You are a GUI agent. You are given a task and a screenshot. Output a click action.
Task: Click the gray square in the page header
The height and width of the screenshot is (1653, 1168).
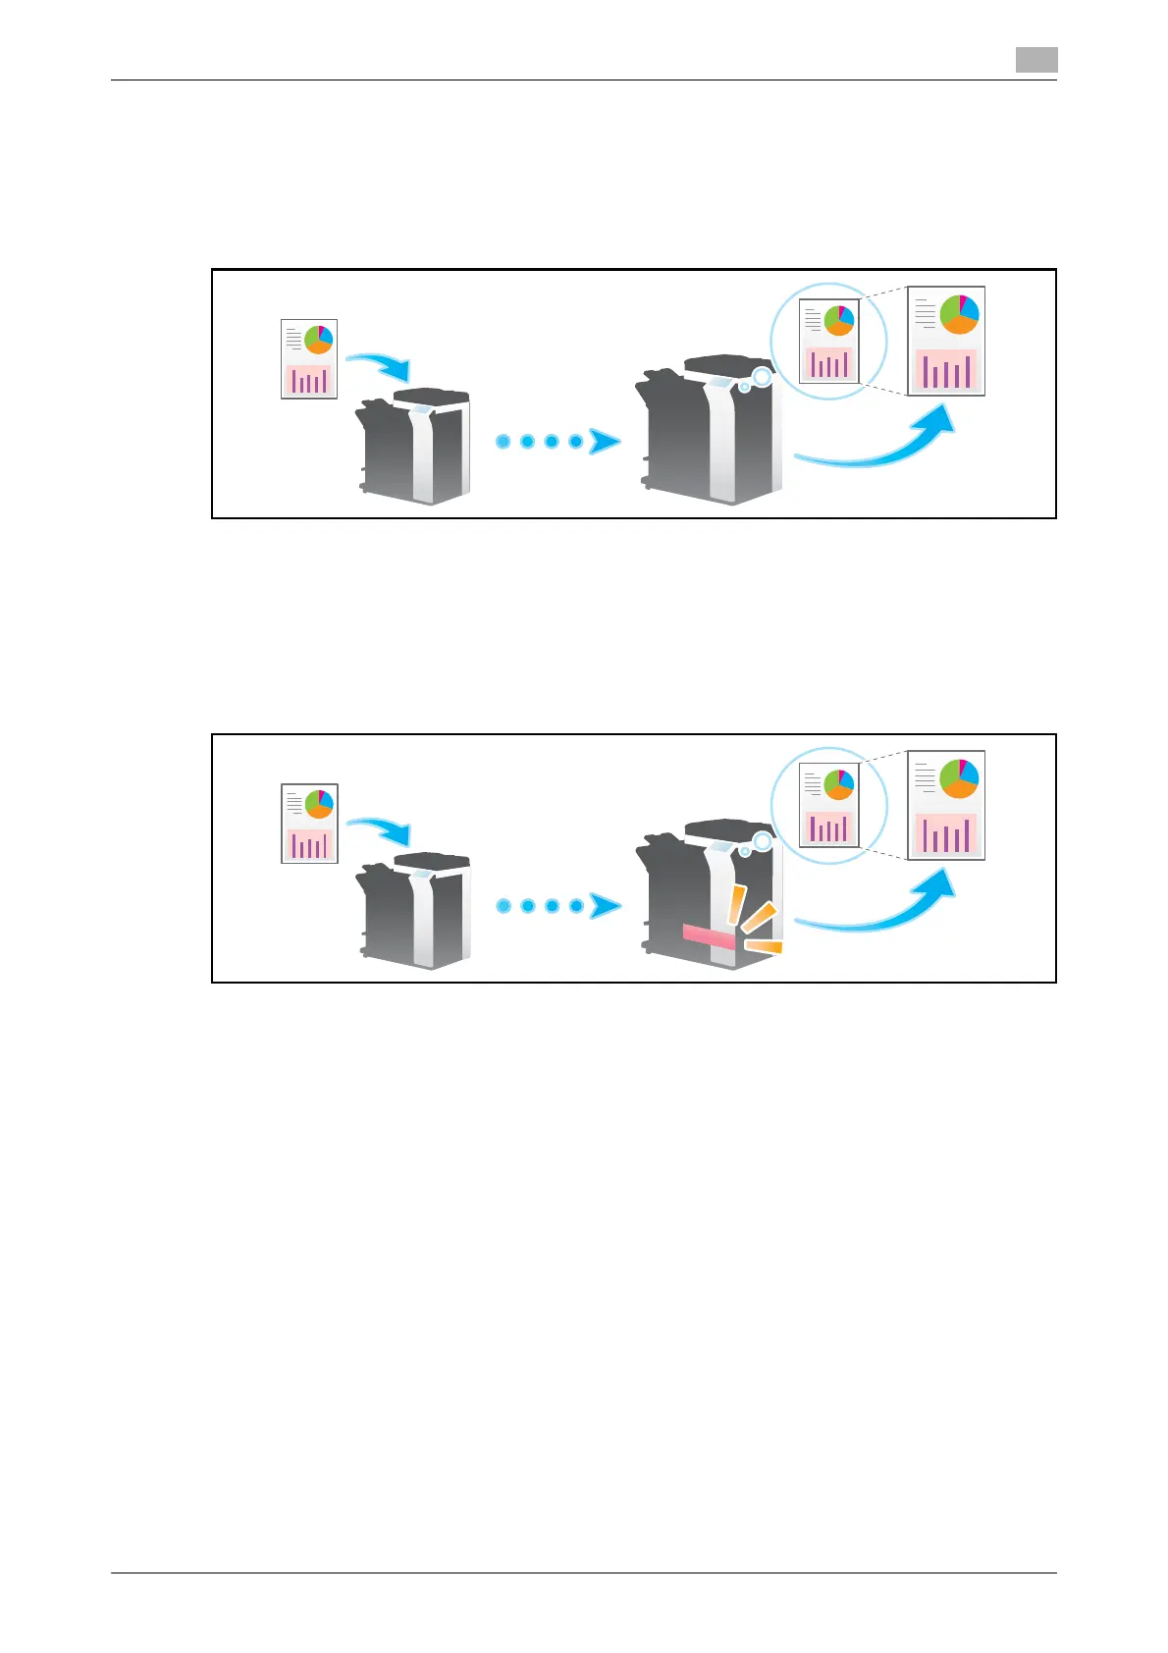point(1036,60)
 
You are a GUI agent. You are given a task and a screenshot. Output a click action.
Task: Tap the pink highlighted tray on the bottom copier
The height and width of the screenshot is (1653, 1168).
point(709,936)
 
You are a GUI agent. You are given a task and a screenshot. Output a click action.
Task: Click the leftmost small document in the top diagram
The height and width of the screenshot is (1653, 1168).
point(309,359)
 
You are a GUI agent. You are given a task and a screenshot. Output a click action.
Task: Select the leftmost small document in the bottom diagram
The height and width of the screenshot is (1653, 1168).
point(309,824)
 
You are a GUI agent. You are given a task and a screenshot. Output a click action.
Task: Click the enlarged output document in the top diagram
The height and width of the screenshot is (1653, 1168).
point(946,342)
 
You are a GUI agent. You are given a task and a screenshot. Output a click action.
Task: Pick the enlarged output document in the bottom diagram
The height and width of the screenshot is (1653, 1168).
point(946,806)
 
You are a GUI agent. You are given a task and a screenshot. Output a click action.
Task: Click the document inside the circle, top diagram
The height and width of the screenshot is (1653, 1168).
point(829,341)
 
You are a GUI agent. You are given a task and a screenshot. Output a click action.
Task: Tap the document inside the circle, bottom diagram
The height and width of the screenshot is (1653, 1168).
point(829,805)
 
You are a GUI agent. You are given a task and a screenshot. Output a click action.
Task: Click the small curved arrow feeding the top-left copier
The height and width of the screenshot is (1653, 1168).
point(381,366)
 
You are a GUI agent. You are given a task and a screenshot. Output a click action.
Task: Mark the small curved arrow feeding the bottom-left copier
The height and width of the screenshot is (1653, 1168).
point(381,830)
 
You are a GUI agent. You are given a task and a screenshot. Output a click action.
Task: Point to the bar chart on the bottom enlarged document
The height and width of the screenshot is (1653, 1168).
point(946,832)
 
